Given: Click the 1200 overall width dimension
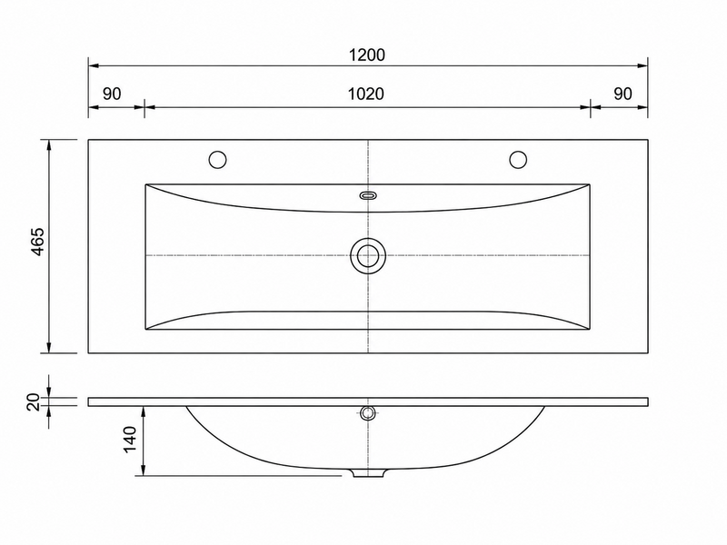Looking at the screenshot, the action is (367, 55).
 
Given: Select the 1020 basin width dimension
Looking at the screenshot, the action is (366, 94).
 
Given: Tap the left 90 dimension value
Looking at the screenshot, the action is (112, 94).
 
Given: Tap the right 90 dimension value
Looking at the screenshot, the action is (622, 94).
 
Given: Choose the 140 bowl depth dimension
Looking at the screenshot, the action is (129, 440).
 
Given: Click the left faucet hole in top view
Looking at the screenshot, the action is (217, 160).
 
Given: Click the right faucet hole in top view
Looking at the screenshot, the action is (518, 160).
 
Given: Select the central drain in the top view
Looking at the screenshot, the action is (368, 255).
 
